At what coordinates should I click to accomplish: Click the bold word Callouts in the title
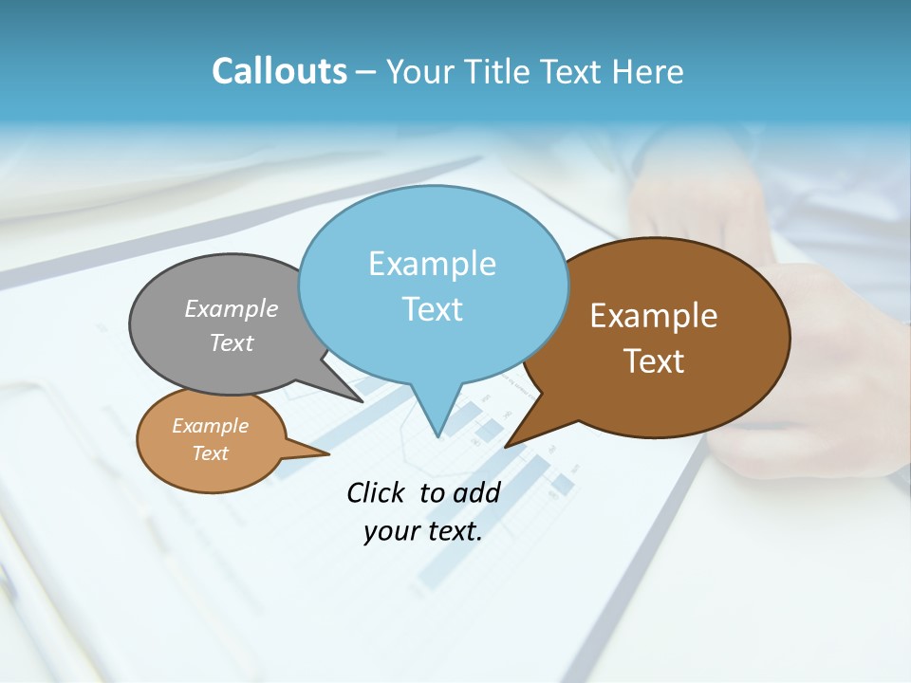pos(279,71)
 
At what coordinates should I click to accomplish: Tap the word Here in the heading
pos(648,71)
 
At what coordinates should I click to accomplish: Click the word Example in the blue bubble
pos(432,264)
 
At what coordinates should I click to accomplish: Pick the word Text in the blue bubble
pos(432,309)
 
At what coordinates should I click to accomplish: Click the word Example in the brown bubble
pos(654,316)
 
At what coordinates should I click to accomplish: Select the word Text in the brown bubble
pos(654,361)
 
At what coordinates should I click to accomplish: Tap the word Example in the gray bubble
pos(232,308)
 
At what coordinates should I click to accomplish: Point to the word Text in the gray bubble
pos(232,342)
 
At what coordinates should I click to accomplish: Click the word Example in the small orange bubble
pos(210,426)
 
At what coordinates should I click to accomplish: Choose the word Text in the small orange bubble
pos(210,453)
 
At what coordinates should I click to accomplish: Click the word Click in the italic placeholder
pos(377,492)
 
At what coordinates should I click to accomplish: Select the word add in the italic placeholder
pos(476,492)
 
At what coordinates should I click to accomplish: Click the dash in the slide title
pos(366,72)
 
